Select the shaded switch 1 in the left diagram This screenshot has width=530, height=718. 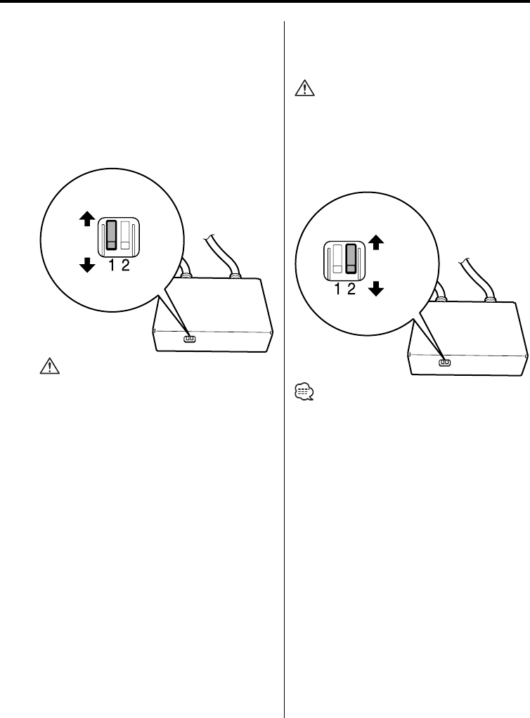point(111,235)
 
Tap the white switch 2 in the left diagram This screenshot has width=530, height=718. point(126,235)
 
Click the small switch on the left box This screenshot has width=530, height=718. point(189,339)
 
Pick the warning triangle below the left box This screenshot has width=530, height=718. point(50,366)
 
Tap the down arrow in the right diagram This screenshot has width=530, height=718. point(376,288)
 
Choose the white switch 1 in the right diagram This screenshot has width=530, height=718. point(337,258)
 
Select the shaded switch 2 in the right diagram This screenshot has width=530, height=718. point(352,258)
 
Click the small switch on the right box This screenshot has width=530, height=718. point(444,363)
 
